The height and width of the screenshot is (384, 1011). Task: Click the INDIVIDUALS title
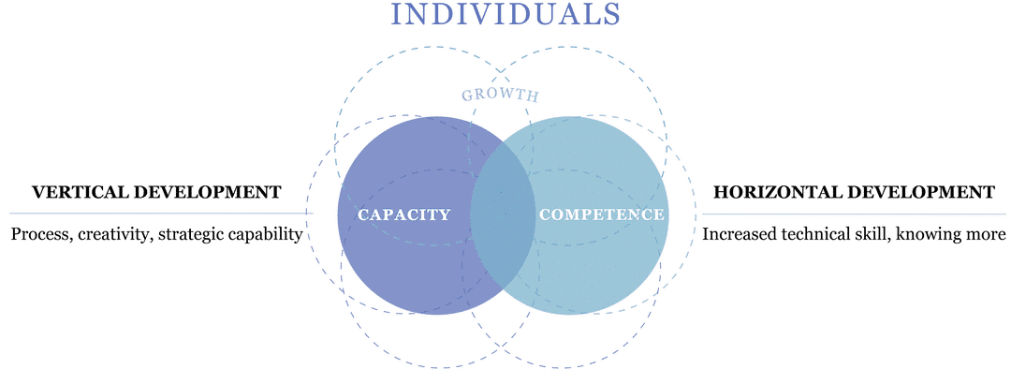point(505,13)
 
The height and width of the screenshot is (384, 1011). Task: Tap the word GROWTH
point(500,95)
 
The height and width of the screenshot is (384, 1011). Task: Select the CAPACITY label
point(403,214)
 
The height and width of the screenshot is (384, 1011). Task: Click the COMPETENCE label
point(601,214)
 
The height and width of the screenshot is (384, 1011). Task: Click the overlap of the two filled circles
point(503,215)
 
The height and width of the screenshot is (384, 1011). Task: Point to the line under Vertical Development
point(161,213)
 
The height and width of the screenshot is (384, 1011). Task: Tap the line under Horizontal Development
point(854,213)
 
